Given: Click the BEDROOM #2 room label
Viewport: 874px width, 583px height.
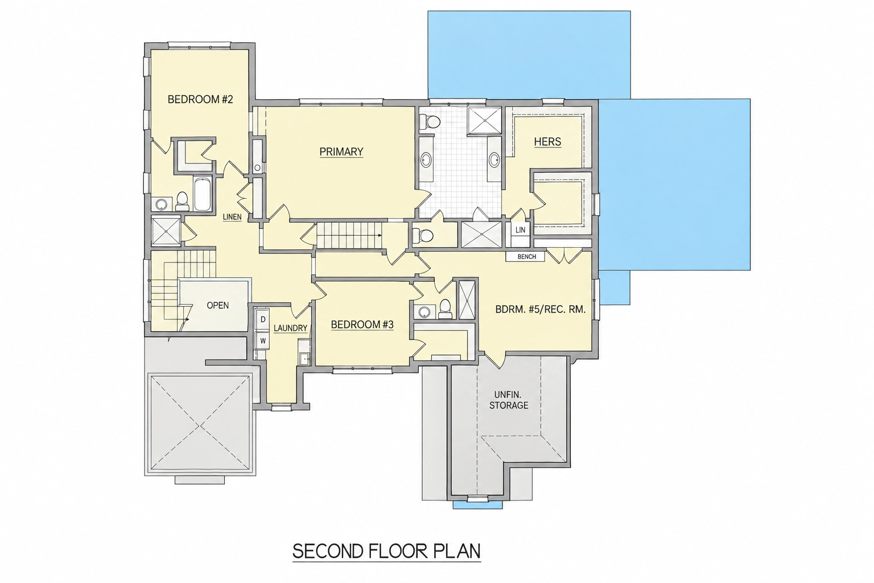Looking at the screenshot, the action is click(200, 100).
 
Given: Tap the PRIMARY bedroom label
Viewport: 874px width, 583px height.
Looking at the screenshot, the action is click(341, 151).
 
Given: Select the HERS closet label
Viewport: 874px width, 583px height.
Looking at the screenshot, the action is click(548, 141).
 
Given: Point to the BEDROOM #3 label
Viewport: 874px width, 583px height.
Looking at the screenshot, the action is click(362, 325).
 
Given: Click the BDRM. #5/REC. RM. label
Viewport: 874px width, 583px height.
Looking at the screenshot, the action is click(541, 310).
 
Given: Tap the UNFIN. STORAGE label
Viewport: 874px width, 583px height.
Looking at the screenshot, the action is click(509, 400).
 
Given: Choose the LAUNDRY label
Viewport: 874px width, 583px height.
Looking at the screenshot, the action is click(290, 329).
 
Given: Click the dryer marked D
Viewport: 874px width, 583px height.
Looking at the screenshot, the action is click(262, 319).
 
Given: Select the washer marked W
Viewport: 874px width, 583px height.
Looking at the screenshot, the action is click(262, 341).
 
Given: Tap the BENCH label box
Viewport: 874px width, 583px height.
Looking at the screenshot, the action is click(525, 257).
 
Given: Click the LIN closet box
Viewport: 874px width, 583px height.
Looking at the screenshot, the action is click(520, 230).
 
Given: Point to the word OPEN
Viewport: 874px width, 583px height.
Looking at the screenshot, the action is click(218, 305).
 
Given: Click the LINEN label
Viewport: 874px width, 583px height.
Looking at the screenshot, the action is click(232, 217).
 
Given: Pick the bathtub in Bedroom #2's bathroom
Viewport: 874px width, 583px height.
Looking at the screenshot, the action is click(202, 194).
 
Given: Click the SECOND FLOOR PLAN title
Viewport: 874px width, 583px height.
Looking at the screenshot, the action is click(386, 551).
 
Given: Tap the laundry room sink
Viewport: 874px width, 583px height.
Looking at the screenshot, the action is click(304, 358).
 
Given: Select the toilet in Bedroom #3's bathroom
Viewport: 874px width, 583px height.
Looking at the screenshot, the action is click(445, 309).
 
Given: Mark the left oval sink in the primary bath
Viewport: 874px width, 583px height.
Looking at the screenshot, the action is click(426, 160).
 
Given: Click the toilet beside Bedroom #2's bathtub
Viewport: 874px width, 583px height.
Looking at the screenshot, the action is click(182, 201).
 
